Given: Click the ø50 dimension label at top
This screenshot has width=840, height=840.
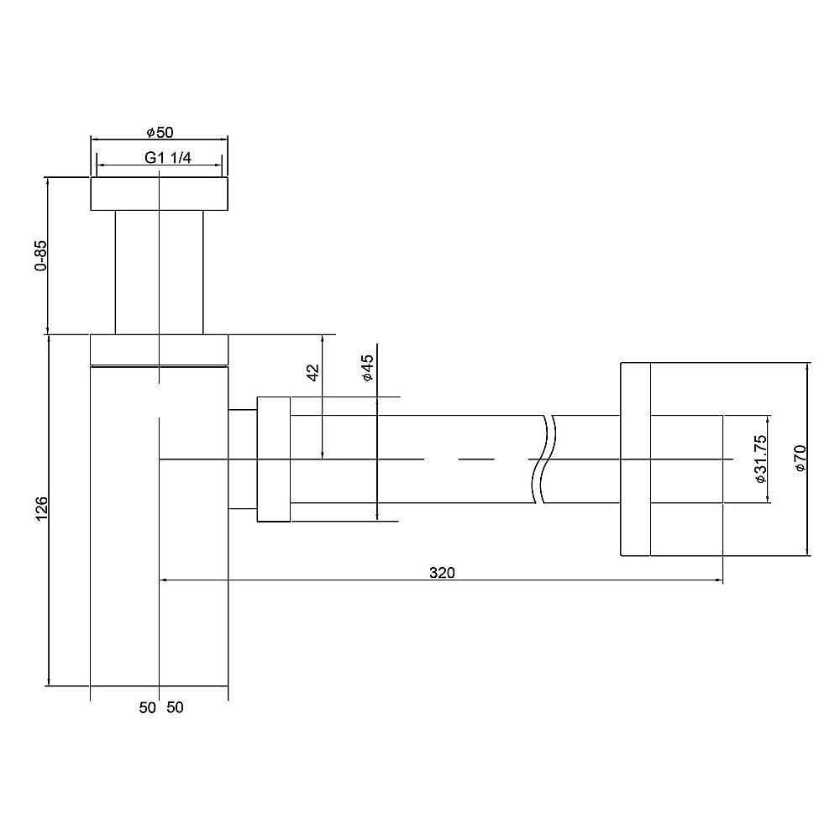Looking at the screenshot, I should [x=159, y=132].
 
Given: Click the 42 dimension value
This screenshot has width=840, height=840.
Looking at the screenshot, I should [x=312, y=373].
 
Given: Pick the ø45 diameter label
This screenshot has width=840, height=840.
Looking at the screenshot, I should [x=366, y=369].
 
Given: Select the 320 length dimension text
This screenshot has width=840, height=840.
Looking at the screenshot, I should [x=442, y=573].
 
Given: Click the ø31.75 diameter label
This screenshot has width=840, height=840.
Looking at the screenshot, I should [x=759, y=459].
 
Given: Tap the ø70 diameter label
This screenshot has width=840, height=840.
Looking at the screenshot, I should [x=800, y=459].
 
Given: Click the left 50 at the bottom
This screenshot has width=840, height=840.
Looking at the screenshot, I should [x=148, y=708].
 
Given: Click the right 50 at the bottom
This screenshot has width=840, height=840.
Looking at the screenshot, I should [x=175, y=708].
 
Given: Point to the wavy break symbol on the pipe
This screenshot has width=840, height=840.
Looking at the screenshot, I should [x=544, y=459].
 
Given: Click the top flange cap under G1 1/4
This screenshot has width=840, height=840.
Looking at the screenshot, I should [x=159, y=194].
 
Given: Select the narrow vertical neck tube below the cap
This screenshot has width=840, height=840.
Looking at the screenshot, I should [x=159, y=271].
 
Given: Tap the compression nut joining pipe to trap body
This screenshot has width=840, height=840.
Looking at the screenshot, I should [x=274, y=459].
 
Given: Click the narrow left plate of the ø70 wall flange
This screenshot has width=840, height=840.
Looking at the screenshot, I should [x=635, y=459].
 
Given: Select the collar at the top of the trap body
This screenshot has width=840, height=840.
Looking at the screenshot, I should [x=159, y=349].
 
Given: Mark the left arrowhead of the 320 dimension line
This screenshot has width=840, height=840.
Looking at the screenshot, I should [x=164, y=580].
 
